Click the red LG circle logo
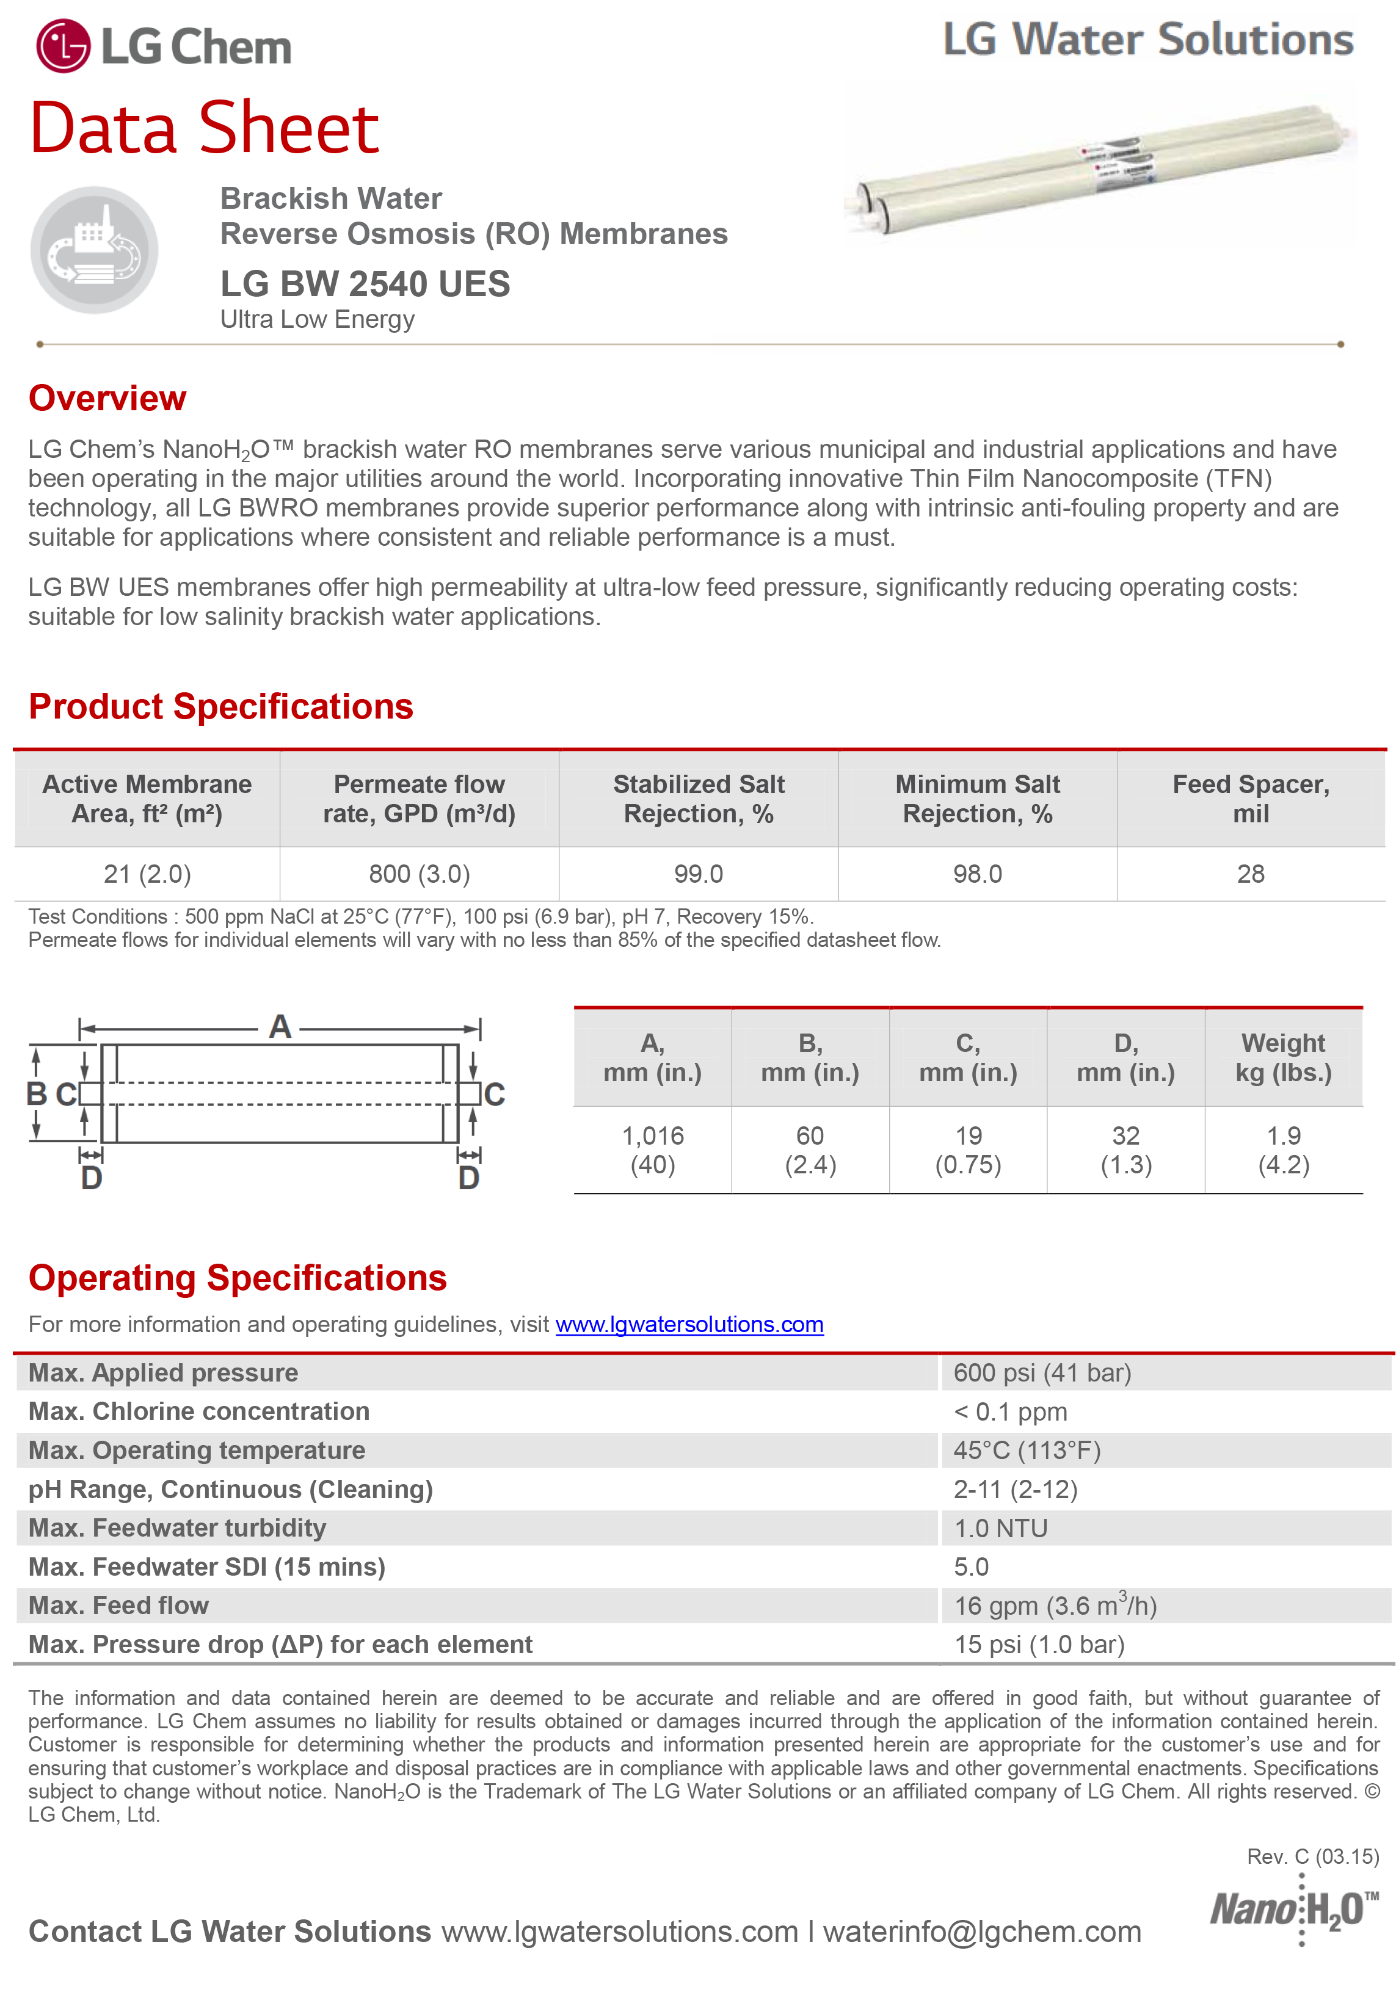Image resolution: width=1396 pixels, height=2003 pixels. tap(63, 46)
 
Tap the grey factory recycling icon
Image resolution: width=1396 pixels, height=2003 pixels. tap(94, 250)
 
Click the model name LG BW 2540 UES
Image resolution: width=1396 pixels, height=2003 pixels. tap(365, 283)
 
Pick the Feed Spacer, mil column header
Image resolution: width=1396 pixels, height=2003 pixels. tap(1250, 799)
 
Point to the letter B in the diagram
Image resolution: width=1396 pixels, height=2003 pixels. tap(37, 1093)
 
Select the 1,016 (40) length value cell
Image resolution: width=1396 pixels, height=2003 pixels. tap(653, 1150)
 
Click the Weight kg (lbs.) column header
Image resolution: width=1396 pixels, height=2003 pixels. tap(1282, 1057)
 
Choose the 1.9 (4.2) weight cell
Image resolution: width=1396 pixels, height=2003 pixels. tap(1282, 1150)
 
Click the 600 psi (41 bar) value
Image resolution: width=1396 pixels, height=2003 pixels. tap(1042, 1372)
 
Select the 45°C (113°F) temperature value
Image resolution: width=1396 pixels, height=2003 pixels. tap(1027, 1450)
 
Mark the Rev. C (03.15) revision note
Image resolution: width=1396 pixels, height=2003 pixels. tap(1312, 1856)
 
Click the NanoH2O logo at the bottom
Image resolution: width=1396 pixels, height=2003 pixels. tap(1293, 1911)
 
